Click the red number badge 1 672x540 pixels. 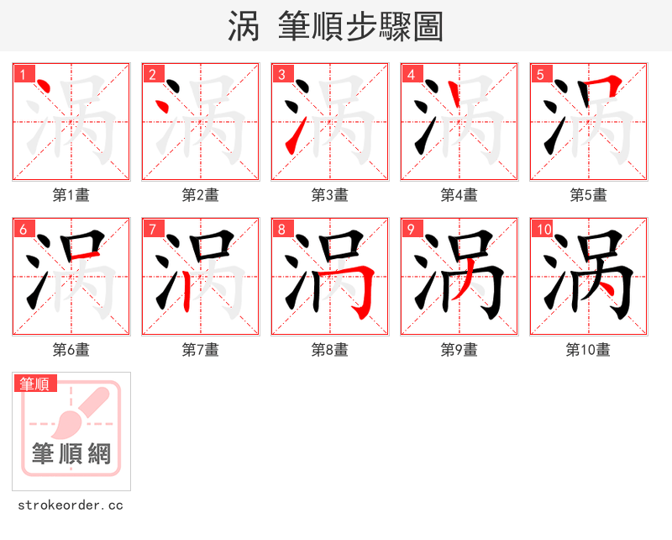[23, 74]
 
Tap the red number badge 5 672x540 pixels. [540, 74]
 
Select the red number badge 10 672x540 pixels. [543, 229]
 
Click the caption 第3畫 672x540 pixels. [329, 195]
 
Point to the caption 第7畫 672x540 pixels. [200, 350]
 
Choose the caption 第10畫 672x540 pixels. [588, 350]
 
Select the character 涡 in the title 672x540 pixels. [243, 27]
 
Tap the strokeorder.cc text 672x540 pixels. [71, 506]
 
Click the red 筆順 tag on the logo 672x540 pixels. [35, 384]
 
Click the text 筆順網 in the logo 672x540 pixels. [71, 454]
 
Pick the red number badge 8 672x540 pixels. [281, 229]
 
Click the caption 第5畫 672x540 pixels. [588, 195]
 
